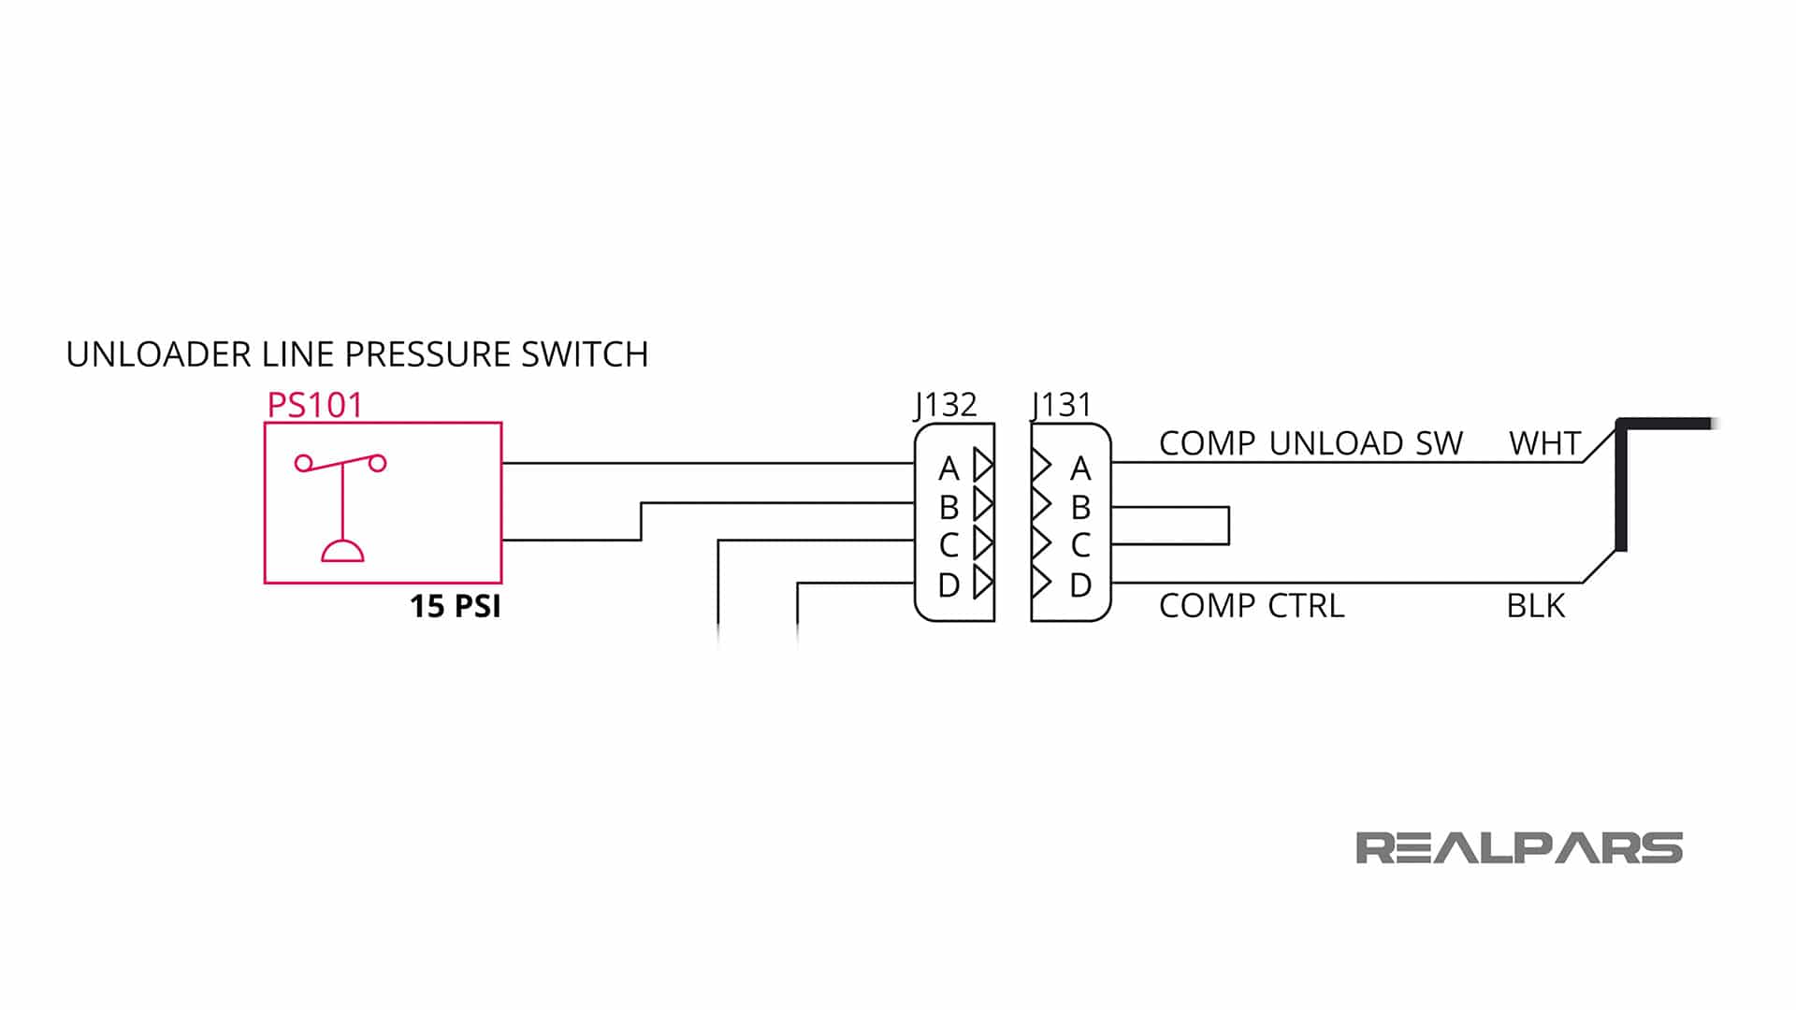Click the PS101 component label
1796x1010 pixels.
(314, 405)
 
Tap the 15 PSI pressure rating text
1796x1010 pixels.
(456, 606)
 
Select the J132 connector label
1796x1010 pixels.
(946, 404)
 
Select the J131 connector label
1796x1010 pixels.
(1062, 404)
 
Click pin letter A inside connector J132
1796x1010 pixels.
(949, 468)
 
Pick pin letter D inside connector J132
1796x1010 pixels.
(949, 585)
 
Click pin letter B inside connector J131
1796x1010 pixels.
(1080, 508)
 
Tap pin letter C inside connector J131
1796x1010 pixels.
(1080, 545)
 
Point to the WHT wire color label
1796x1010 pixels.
(1544, 443)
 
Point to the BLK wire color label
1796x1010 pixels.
(1535, 606)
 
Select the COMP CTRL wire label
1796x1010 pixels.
(1252, 606)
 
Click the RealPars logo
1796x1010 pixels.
(1518, 848)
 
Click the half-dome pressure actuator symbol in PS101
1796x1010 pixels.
(342, 551)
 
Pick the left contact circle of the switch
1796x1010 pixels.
(303, 463)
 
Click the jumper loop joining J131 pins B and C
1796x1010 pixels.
(1227, 526)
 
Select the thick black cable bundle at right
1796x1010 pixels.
(1622, 486)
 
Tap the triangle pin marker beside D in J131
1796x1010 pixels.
(1041, 582)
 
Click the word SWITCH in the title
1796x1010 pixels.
(585, 354)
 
